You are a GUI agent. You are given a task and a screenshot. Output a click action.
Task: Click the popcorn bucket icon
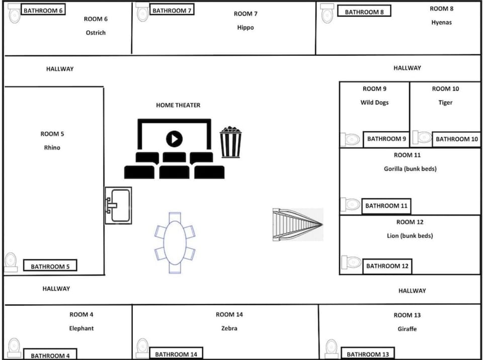coord(230,142)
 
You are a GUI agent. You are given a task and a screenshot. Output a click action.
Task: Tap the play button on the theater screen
coord(174,138)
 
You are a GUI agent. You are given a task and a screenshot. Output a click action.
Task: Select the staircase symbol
coord(297,225)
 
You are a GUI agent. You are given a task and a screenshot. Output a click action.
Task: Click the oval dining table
coord(175,243)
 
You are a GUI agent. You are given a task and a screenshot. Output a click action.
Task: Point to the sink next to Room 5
coord(118,205)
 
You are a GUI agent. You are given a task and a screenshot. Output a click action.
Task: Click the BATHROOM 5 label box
coord(50,266)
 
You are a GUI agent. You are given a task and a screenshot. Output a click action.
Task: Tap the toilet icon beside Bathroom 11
coord(351,205)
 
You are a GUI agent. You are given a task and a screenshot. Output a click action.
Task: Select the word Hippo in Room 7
coord(246,28)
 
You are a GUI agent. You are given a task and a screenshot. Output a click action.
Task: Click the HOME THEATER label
coord(178,105)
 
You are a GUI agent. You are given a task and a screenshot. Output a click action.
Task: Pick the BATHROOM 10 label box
coord(456,139)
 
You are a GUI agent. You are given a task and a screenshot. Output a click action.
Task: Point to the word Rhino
coord(52,148)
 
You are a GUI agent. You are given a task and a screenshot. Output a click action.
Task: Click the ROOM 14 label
coord(229,314)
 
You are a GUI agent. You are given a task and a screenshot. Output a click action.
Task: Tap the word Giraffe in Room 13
coord(407,329)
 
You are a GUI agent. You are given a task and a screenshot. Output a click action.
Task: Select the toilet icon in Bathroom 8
coord(327,13)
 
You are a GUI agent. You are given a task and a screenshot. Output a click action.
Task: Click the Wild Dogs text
coord(374,102)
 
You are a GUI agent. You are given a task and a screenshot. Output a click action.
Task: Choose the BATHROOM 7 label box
coord(172,10)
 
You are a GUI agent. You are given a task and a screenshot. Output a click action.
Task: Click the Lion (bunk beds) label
coord(410,236)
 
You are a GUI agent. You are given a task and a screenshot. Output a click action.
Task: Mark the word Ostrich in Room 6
coord(96,33)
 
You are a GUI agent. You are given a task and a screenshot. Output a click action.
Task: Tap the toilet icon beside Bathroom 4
coord(14,347)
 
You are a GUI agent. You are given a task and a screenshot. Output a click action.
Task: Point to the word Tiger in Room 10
coord(445,102)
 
